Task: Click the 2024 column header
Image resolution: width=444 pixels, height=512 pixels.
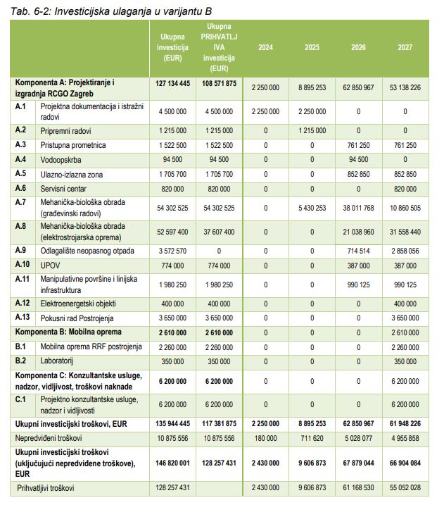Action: click(x=266, y=48)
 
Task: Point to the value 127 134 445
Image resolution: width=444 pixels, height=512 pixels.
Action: click(x=172, y=83)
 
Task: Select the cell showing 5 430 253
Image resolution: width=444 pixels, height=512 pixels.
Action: click(x=312, y=208)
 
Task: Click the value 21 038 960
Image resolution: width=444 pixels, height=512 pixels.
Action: click(x=358, y=232)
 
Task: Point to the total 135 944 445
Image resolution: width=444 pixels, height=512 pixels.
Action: click(x=172, y=425)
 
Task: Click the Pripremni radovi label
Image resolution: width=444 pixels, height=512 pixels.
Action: click(x=65, y=131)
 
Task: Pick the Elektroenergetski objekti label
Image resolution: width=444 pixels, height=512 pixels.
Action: click(x=78, y=303)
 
